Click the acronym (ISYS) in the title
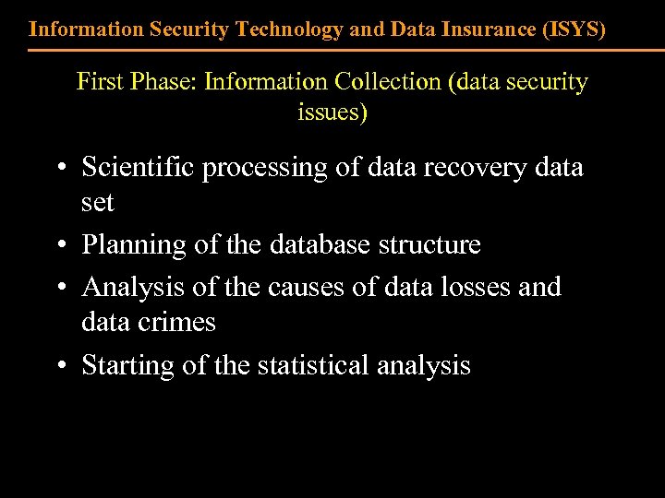pyautogui.click(x=572, y=29)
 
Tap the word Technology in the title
pyautogui.click(x=290, y=29)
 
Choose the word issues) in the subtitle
pyautogui.click(x=332, y=113)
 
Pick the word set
pyautogui.click(x=97, y=202)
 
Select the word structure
pyautogui.click(x=431, y=244)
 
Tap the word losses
pyautogui.click(x=465, y=288)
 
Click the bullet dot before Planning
pyautogui.click(x=59, y=246)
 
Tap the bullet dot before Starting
pyautogui.click(x=59, y=367)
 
